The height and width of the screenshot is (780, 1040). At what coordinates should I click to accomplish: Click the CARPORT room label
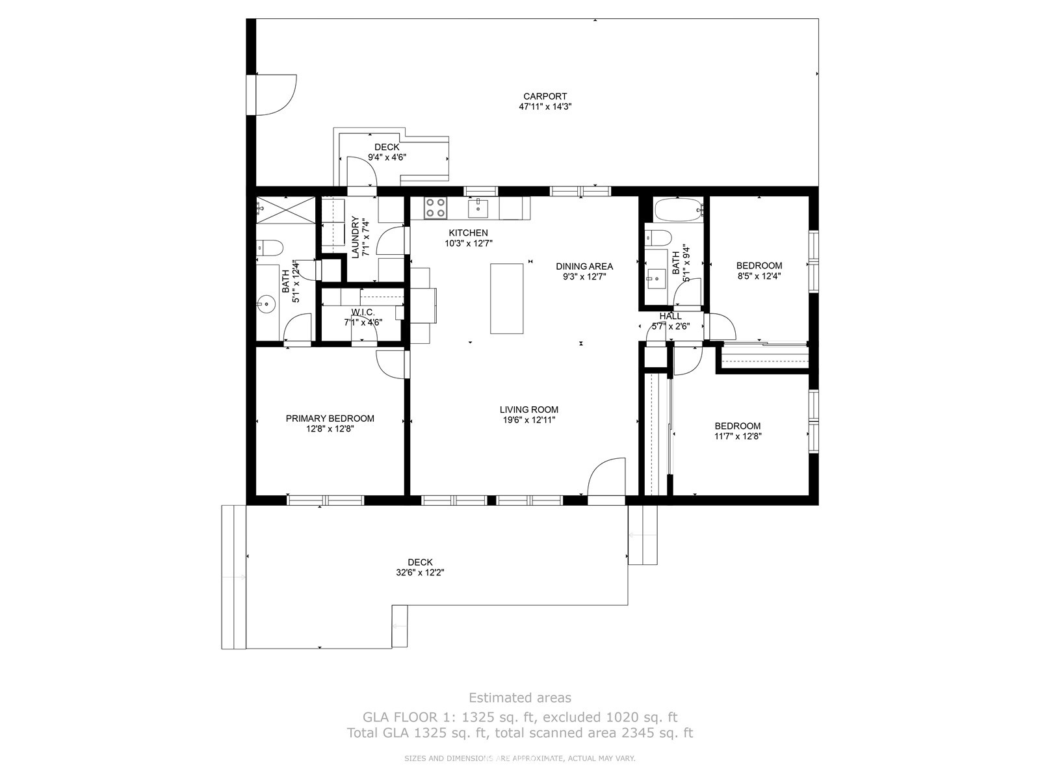tap(545, 96)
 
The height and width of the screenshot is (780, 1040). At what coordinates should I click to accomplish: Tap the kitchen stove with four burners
tap(435, 208)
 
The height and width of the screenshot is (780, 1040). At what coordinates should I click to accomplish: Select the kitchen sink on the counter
tap(478, 209)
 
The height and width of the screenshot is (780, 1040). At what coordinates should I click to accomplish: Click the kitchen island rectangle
tap(506, 299)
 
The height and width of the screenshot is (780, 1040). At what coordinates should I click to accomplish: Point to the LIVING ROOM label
tap(528, 409)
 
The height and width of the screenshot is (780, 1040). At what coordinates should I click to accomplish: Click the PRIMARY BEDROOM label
tap(330, 419)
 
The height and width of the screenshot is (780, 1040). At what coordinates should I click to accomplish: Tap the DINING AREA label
tap(584, 266)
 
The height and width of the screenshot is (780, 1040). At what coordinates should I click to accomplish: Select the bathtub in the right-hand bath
tap(678, 209)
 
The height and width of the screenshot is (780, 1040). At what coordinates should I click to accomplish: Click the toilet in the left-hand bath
tap(270, 247)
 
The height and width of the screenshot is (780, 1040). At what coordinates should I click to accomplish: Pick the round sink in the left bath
tap(267, 303)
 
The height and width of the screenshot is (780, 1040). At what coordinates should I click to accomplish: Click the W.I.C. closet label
tap(363, 313)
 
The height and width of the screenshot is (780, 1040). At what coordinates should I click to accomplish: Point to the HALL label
tap(670, 316)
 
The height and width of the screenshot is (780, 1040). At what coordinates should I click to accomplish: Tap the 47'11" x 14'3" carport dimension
tap(545, 107)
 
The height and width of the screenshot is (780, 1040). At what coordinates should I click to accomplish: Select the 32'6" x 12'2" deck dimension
tap(420, 573)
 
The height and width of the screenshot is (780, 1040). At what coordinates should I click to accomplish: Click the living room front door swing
tap(606, 476)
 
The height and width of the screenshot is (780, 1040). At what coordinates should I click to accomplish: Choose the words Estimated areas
tap(520, 697)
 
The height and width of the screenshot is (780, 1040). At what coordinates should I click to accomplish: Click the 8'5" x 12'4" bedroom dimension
tap(759, 276)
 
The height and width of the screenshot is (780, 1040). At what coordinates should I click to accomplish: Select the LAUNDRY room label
tap(355, 237)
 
